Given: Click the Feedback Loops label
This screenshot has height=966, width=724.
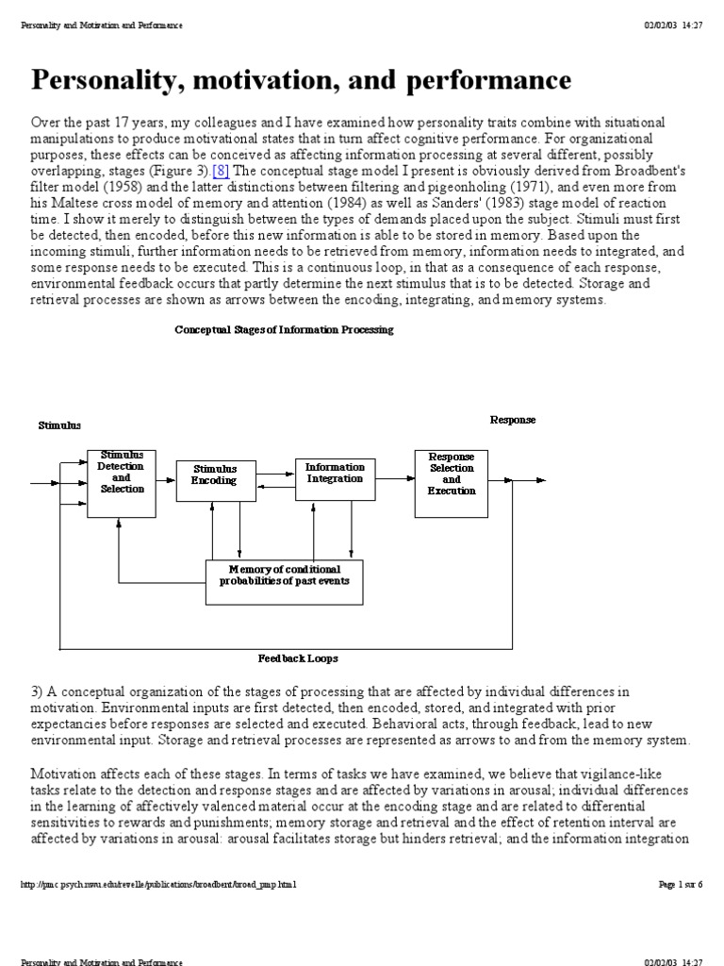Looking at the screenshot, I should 298,658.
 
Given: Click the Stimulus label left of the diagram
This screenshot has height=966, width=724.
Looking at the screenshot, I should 59,425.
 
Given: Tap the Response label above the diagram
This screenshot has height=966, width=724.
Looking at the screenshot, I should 513,419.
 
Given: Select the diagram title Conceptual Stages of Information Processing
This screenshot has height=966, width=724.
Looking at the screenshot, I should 285,329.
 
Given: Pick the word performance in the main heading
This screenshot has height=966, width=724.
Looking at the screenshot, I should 480,81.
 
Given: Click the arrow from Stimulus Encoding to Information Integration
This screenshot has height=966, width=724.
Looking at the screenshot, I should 274,474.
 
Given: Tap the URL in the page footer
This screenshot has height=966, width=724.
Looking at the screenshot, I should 158,884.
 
